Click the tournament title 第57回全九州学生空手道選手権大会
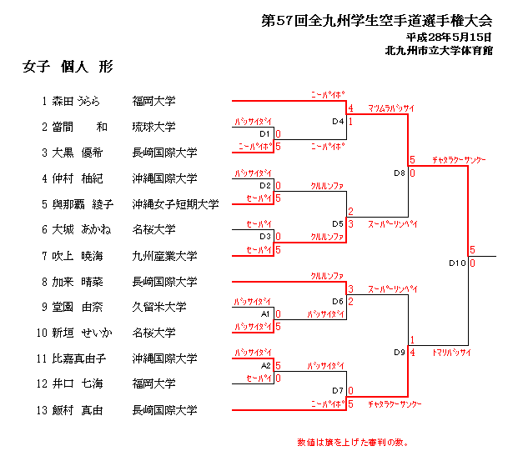click(x=377, y=20)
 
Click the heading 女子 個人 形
click(x=68, y=67)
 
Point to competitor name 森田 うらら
click(x=76, y=102)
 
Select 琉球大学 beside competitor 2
click(x=153, y=128)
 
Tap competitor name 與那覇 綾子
click(x=82, y=204)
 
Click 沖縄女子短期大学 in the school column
click(x=175, y=204)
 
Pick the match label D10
click(x=456, y=263)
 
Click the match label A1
click(x=265, y=314)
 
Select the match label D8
click(x=399, y=173)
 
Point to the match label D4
click(x=337, y=122)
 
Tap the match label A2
click(x=265, y=365)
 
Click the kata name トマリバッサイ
click(x=451, y=353)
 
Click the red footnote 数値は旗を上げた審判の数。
click(x=352, y=442)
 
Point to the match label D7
click(x=337, y=391)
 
